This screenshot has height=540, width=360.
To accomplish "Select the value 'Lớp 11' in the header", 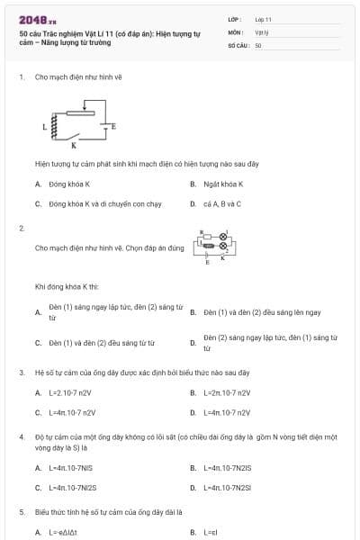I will point(263,18).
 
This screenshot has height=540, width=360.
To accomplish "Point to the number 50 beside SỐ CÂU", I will point(258,44).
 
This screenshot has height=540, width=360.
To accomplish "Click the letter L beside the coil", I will point(43,127).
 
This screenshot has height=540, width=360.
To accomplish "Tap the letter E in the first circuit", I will point(113,127).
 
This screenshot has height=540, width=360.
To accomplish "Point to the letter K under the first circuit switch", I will point(74,145).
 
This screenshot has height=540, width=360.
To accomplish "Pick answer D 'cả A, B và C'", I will point(221,203).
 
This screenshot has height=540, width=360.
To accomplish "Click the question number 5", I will point(22,511).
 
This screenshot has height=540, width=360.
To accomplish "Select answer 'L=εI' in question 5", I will point(211,532).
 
